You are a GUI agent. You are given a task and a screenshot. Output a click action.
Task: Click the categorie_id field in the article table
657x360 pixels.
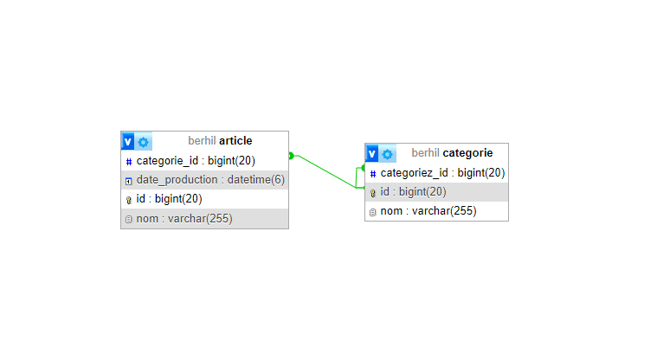[195, 161]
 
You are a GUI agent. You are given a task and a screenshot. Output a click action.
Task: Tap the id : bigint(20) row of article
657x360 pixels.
[169, 199]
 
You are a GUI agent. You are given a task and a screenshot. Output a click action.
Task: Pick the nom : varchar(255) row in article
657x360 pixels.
[184, 219]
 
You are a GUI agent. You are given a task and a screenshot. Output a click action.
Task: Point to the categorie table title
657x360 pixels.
[452, 153]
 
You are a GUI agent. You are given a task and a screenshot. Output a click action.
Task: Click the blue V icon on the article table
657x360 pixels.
[128, 141]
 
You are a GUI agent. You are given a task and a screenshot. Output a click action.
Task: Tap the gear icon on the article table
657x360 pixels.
[144, 141]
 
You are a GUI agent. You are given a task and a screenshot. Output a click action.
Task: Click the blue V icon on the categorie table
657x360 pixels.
[372, 153]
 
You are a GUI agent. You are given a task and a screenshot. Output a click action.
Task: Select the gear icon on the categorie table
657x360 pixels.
[388, 153]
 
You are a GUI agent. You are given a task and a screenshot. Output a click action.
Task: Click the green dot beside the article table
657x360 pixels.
[291, 156]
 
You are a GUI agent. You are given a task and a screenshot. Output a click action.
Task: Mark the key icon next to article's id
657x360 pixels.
[128, 200]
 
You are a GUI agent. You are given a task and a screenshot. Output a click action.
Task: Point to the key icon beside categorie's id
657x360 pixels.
[373, 193]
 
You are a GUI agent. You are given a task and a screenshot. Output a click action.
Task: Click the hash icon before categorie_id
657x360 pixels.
[128, 162]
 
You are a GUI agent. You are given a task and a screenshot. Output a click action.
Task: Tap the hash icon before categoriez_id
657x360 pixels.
[373, 174]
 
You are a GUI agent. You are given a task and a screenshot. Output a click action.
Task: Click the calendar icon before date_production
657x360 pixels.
[128, 181]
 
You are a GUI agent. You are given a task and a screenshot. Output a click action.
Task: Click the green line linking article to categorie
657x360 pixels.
[325, 171]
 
